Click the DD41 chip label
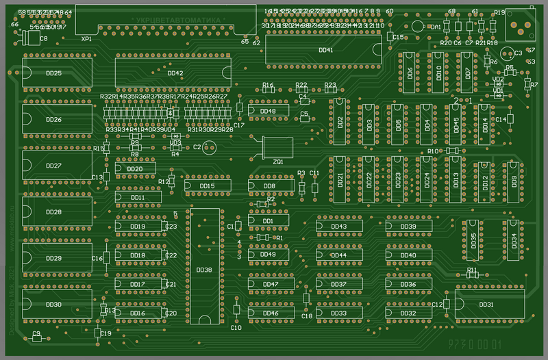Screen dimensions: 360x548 click(326, 50)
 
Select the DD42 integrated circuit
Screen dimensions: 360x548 click(175, 73)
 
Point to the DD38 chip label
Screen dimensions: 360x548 click(204, 270)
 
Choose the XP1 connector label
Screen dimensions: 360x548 click(87, 40)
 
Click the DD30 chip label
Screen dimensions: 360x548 click(53, 305)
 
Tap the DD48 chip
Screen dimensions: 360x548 click(268, 112)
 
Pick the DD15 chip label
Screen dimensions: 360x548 click(206, 185)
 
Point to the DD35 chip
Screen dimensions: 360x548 click(473, 241)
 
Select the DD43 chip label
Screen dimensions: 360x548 click(338, 226)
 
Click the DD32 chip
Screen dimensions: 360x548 click(408, 313)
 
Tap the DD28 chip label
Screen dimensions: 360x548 click(53, 212)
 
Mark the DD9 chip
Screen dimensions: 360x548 click(514, 181)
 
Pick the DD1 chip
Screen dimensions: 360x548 click(268, 221)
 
